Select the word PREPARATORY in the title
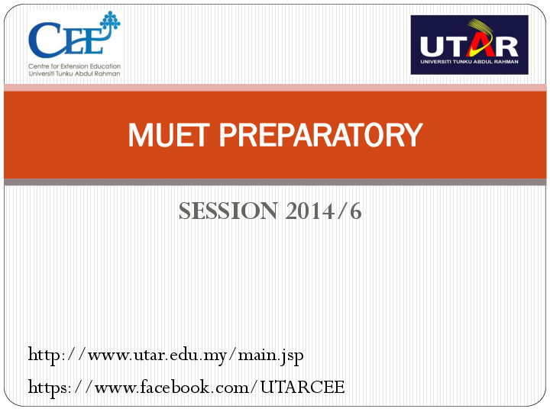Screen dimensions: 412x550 [321, 136]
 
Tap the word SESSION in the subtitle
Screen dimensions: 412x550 [228, 211]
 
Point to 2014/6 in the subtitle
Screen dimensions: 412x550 [324, 211]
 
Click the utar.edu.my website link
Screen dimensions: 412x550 [166, 355]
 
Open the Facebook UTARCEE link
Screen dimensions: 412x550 [186, 387]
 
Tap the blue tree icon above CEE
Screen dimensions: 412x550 [110, 24]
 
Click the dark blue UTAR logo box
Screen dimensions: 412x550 [469, 44]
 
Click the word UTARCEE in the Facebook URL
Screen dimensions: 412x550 [302, 387]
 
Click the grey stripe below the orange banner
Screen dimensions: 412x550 [275, 182]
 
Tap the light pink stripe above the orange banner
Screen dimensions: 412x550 [275, 88]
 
